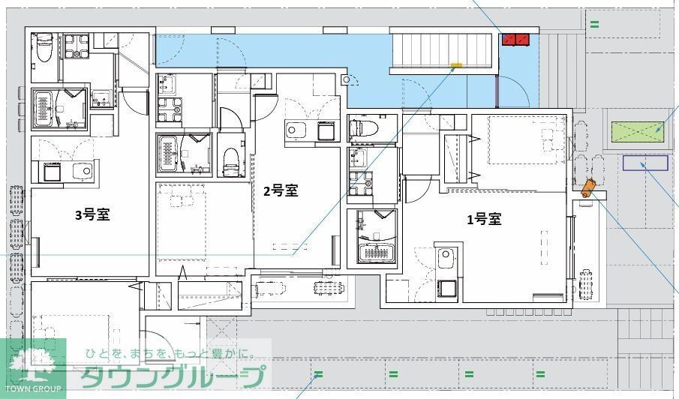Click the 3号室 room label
tap(92, 215)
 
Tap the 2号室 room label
tap(281, 191)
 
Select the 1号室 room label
tap(484, 219)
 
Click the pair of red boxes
tap(516, 39)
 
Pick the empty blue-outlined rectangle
tap(645, 163)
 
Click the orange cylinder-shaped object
tap(587, 187)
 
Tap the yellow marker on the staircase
tap(455, 65)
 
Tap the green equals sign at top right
tap(594, 24)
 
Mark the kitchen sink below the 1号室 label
tap(447, 258)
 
